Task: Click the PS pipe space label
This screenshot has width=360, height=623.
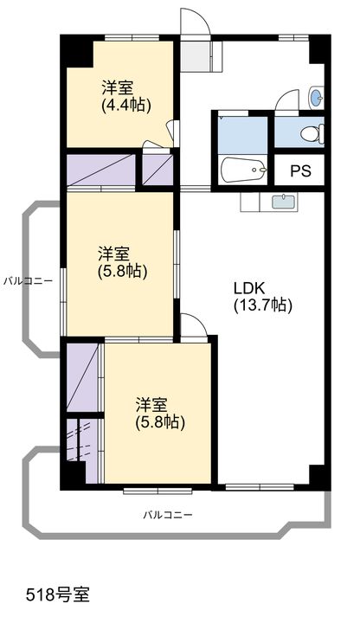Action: click(x=300, y=170)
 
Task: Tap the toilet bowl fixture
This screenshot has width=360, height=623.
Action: click(x=312, y=133)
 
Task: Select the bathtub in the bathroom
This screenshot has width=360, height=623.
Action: click(x=244, y=170)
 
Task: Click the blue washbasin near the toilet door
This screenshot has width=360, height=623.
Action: click(x=316, y=97)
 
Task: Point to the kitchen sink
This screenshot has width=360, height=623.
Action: click(x=284, y=202)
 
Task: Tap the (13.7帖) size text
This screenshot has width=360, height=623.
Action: click(x=263, y=305)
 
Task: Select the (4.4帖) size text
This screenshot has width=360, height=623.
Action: click(x=126, y=106)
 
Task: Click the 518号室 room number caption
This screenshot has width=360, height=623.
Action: click(x=58, y=594)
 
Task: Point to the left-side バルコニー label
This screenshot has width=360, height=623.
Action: click(x=29, y=281)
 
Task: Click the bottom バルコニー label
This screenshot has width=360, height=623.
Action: click(x=168, y=516)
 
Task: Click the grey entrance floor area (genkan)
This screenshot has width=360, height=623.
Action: click(x=195, y=55)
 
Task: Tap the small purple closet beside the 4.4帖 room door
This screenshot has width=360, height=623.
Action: click(x=157, y=170)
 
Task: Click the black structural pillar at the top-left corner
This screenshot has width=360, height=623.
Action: click(x=76, y=51)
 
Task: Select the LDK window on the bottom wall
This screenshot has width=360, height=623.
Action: click(x=260, y=486)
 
